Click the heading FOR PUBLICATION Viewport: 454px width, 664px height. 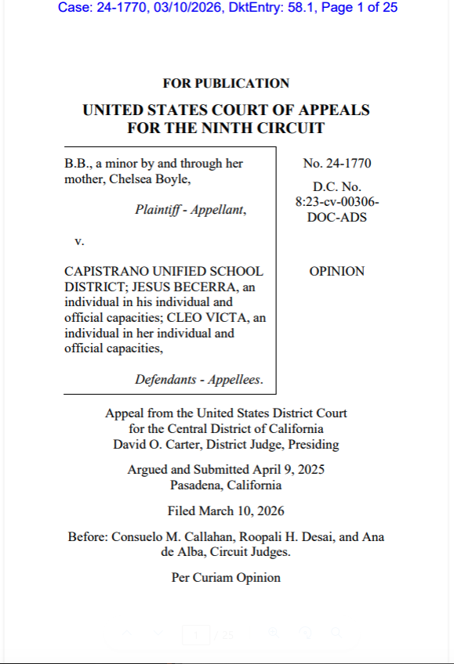(x=226, y=83)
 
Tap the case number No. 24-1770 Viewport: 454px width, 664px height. (x=336, y=164)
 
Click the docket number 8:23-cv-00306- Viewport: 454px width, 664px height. (x=336, y=202)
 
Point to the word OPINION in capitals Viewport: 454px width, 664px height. (x=336, y=271)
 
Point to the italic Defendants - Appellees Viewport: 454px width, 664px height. (x=199, y=380)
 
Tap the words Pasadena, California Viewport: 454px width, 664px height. (x=226, y=485)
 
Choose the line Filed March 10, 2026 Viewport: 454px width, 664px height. (x=226, y=511)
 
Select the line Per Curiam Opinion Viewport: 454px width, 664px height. (x=226, y=578)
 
